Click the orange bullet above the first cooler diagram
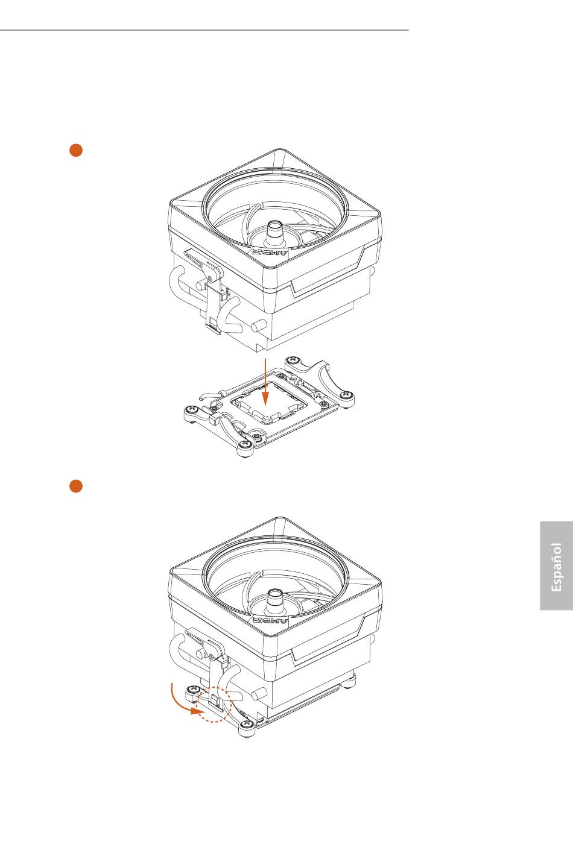[76, 150]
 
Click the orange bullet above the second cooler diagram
[76, 486]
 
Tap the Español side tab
[556, 565]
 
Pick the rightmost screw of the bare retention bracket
[347, 394]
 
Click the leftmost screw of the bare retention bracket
[192, 411]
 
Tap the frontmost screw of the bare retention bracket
[245, 445]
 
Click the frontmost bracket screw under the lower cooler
[245, 723]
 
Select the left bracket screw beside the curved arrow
[192, 690]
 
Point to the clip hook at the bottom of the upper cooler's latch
[214, 327]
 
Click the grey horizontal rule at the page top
[204, 30]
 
